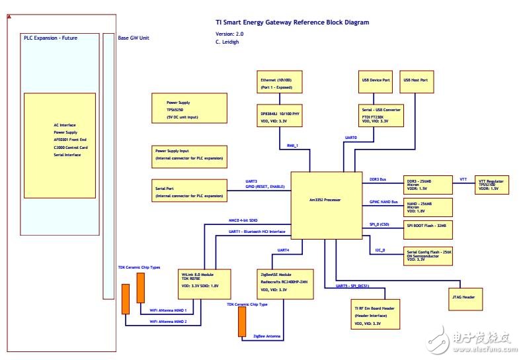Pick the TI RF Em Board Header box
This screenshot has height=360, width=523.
pyautogui.click(x=375, y=313)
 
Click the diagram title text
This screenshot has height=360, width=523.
pyautogui.click(x=292, y=22)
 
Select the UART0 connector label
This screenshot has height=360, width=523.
pyautogui.click(x=351, y=138)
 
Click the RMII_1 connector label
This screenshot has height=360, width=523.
pyautogui.click(x=292, y=145)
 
